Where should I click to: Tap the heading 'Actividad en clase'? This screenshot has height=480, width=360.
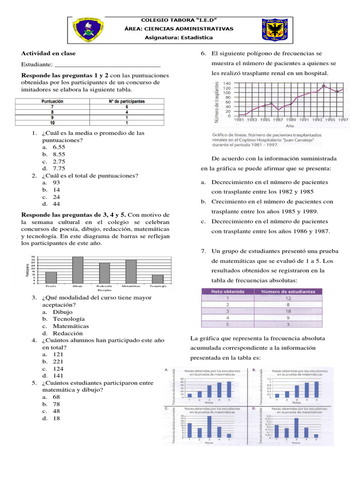[x=48, y=53]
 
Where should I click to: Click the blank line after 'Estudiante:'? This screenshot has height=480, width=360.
[x=107, y=65]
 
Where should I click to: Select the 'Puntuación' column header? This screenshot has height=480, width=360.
[x=52, y=101]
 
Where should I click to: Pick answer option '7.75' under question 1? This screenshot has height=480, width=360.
[x=59, y=168]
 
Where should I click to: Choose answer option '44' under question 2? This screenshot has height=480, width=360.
[x=56, y=204]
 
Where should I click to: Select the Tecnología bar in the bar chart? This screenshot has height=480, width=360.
[x=158, y=278]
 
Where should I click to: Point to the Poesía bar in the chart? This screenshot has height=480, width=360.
[x=51, y=277]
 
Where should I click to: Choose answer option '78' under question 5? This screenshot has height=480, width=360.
[x=56, y=404]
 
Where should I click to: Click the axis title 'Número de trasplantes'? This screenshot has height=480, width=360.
[x=217, y=102]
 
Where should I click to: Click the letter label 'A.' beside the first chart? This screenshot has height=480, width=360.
[x=166, y=370]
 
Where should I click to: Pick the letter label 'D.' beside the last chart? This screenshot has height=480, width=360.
[x=254, y=409]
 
